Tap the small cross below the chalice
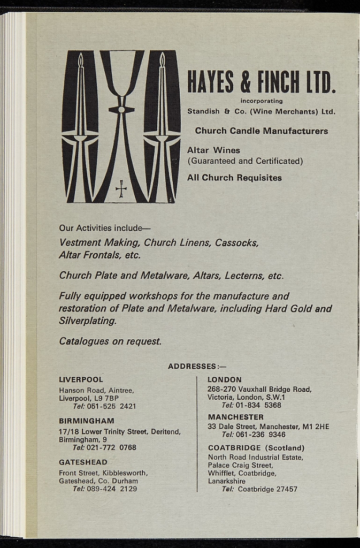pyautogui.click(x=121, y=188)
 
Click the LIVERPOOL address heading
pyautogui.click(x=81, y=379)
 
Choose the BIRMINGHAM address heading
pyautogui.click(x=86, y=421)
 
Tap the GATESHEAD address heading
pyautogui.click(x=83, y=462)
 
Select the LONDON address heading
pyautogui.click(x=224, y=379)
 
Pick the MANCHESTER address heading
pyautogui.click(x=235, y=417)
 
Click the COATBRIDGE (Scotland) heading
pyautogui.click(x=256, y=448)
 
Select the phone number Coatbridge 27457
pyautogui.click(x=267, y=489)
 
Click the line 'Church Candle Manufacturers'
pyautogui.click(x=262, y=131)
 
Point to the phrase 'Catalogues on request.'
pyautogui.click(x=110, y=341)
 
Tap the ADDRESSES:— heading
pyautogui.click(x=197, y=366)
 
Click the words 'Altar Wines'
pyautogui.click(x=213, y=150)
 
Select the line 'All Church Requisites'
pyautogui.click(x=234, y=178)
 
